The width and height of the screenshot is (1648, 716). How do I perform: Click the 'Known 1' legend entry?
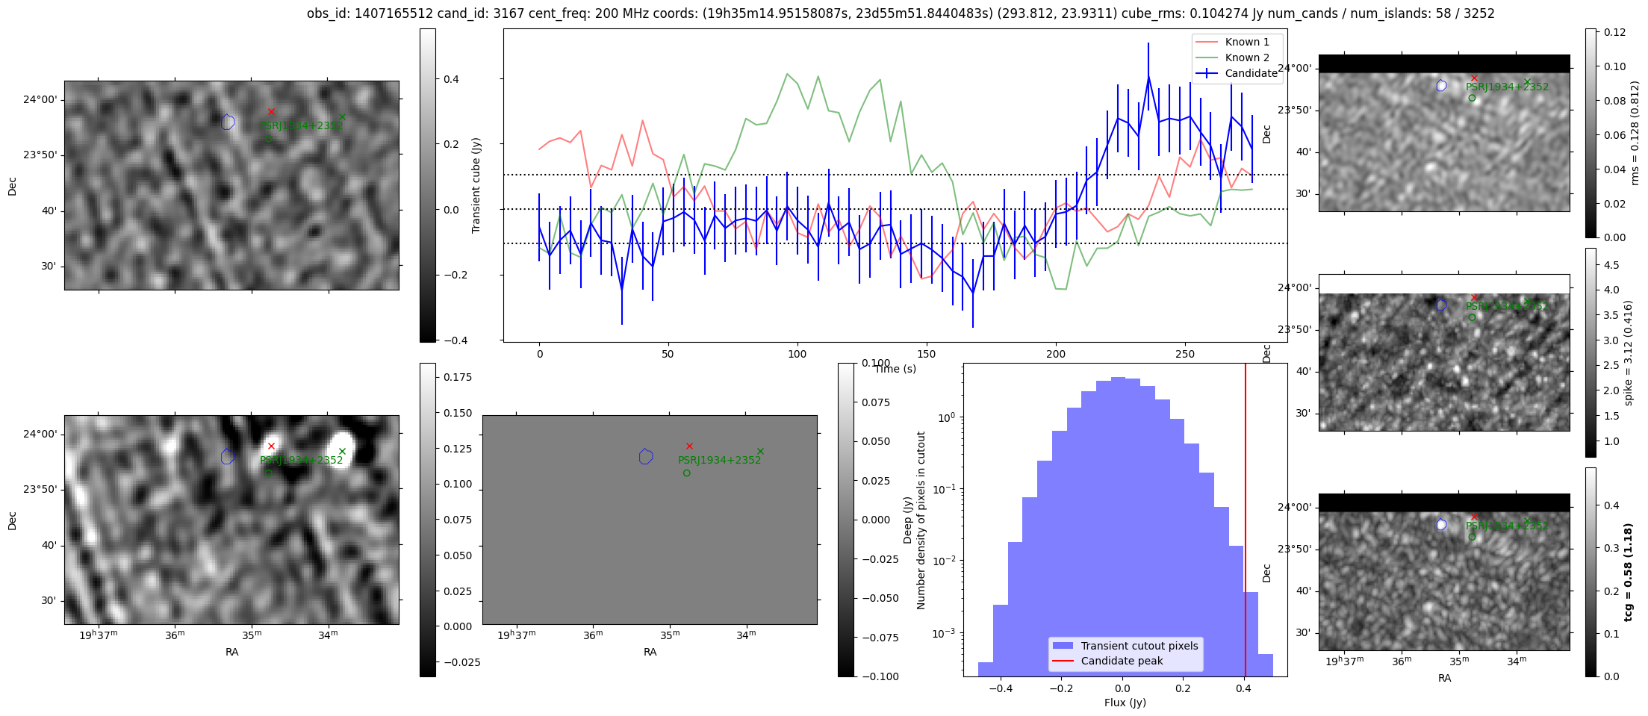coord(1247,42)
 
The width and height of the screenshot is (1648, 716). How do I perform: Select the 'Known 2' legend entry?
coord(1247,57)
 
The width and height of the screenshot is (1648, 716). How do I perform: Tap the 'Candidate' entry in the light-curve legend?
coord(1251,73)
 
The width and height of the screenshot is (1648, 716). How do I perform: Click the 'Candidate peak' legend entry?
coord(1122,661)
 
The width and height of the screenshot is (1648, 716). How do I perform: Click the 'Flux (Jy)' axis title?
coord(1125,703)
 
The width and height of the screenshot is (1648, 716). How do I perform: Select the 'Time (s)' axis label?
coord(895,369)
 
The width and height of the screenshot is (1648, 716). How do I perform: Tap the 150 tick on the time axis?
coord(926,354)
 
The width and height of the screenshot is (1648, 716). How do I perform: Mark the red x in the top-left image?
coord(271,112)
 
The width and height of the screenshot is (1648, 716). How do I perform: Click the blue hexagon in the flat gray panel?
coord(646,456)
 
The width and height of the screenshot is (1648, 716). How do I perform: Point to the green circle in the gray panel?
coord(686,473)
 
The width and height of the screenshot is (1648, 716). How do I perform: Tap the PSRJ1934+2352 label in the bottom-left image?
coord(301,460)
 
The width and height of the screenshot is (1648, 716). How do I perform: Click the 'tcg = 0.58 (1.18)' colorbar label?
coord(1629,572)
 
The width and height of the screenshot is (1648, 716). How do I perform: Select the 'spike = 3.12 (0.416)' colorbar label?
coord(1629,352)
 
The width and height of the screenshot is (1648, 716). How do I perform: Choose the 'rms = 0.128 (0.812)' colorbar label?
coord(1635,133)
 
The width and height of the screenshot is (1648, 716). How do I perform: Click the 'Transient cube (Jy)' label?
coord(476,185)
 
